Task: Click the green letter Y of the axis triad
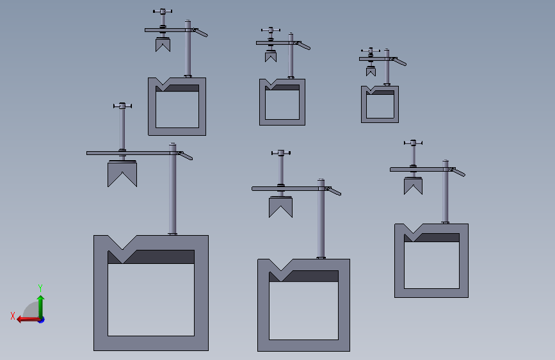[40, 288]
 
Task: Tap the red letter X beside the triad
[13, 316]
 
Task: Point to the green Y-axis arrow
[41, 307]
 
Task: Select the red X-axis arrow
[29, 320]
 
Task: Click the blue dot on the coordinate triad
[42, 320]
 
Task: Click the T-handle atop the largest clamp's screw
[122, 106]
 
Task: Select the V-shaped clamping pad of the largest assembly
[122, 174]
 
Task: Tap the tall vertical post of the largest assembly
[172, 189]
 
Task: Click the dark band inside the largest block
[151, 257]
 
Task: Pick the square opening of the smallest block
[380, 106]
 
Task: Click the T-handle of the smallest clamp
[371, 51]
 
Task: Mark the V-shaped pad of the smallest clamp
[371, 72]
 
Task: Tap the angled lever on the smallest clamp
[399, 61]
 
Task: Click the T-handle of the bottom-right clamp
[413, 143]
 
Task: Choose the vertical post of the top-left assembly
[188, 49]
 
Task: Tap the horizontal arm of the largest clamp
[133, 153]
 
